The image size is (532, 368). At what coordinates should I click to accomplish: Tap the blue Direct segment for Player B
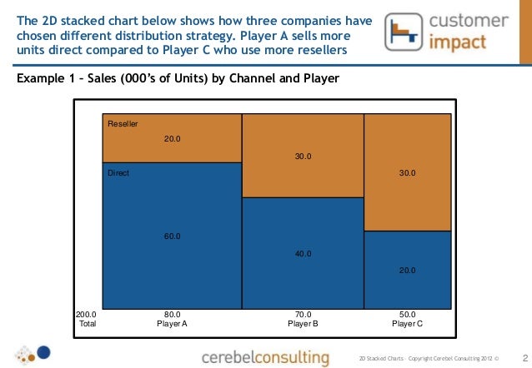pyautogui.click(x=303, y=275)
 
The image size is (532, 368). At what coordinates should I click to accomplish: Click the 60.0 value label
pyautogui.click(x=173, y=236)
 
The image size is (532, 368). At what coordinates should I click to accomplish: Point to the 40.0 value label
pyautogui.click(x=304, y=253)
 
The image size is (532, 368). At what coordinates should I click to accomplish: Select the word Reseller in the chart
pyautogui.click(x=123, y=124)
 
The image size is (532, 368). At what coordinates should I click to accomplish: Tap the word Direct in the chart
pyautogui.click(x=118, y=173)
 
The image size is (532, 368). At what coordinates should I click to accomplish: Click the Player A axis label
pyautogui.click(x=173, y=323)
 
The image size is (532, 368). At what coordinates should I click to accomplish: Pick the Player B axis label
pyautogui.click(x=303, y=323)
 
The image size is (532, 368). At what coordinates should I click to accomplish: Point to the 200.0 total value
pyautogui.click(x=86, y=314)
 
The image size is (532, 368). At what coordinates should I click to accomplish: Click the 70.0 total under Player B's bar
pyautogui.click(x=303, y=314)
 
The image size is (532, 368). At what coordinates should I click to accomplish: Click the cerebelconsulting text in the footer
pyautogui.click(x=265, y=357)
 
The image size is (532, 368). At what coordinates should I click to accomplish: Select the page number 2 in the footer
pyautogui.click(x=524, y=357)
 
